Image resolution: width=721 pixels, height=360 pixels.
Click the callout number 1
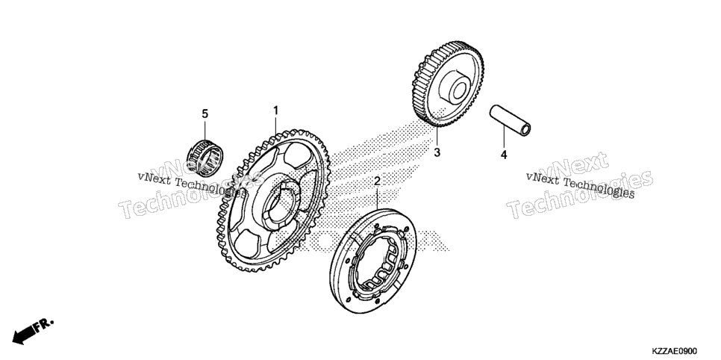[x=276, y=111]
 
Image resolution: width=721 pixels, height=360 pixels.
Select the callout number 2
[x=377, y=181]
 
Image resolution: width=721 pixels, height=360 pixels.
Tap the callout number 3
[x=437, y=152]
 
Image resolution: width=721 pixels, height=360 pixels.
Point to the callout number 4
[x=504, y=155]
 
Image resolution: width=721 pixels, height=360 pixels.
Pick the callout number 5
[x=205, y=114]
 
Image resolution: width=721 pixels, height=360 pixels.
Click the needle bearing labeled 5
[x=205, y=158]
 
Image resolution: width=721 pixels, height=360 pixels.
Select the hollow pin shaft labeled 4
[x=510, y=120]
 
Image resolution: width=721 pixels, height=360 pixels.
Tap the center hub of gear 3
[x=455, y=88]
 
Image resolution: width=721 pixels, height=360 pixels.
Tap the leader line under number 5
[x=205, y=129]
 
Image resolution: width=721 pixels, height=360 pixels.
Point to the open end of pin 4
[x=525, y=129]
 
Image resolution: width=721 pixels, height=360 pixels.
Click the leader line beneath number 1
[x=276, y=125]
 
